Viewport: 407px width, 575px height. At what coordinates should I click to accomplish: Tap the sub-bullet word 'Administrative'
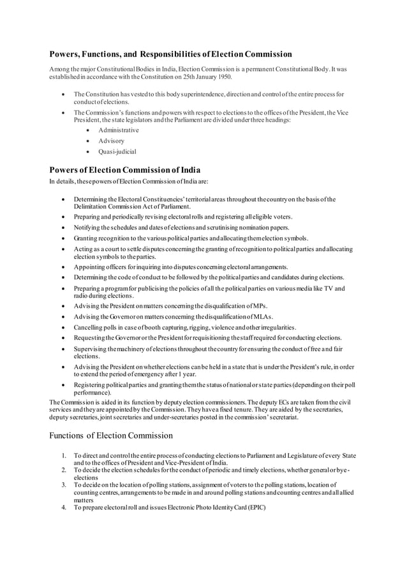tap(118, 130)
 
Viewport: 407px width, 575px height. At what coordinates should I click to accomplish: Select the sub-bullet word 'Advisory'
tap(111, 140)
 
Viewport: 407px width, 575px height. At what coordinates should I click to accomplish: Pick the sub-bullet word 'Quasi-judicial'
tap(117, 151)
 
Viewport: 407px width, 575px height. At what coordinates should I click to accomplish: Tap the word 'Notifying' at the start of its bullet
tap(88, 227)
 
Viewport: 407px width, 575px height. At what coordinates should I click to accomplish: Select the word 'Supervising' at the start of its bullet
tap(91, 349)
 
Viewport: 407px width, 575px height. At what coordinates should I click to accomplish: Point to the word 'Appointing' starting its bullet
tap(90, 266)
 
